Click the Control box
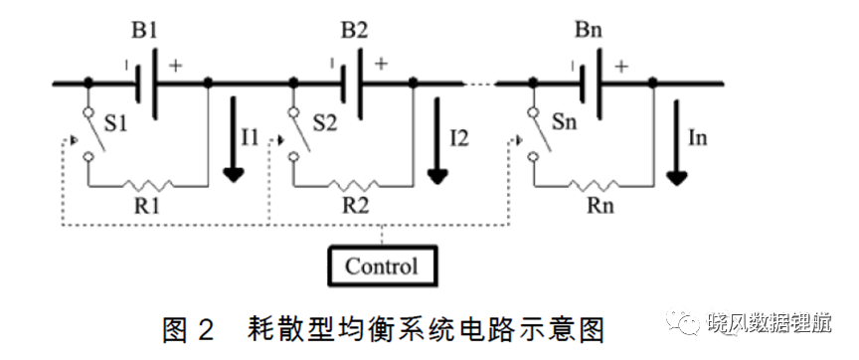[383, 267]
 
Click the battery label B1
[144, 31]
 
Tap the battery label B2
[355, 31]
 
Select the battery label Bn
[589, 30]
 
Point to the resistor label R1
[147, 206]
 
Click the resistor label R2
[356, 206]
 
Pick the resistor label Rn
[601, 206]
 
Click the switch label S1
[115, 124]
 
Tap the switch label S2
[325, 124]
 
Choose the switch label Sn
[565, 121]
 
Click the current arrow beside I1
[234, 139]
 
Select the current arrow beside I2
[437, 141]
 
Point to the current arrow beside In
[677, 142]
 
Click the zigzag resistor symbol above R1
[147, 185]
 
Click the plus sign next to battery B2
[381, 64]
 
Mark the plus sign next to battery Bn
[620, 67]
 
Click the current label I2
[459, 138]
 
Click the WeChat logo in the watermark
[683, 321]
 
